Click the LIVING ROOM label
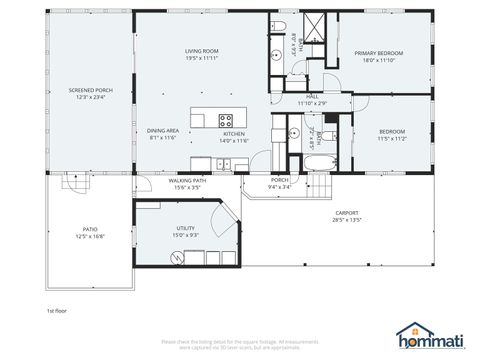201,50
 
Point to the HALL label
312,97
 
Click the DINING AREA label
163,130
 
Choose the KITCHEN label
234,133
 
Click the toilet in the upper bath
281,26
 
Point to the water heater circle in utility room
178,258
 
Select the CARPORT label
346,212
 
